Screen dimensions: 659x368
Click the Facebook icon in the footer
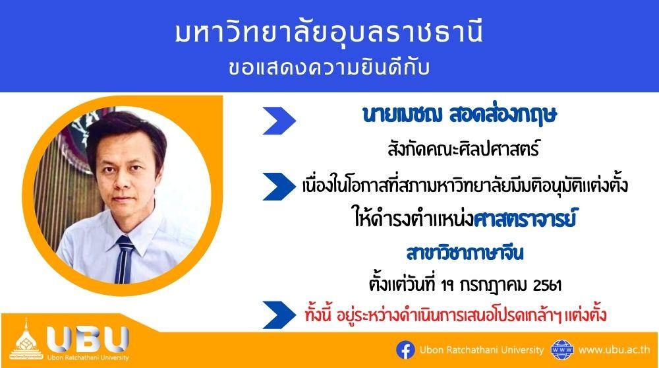pos(405,350)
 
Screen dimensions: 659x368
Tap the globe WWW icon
pos(562,350)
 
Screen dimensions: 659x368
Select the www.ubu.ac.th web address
pos(614,350)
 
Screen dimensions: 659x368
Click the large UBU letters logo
pos(88,339)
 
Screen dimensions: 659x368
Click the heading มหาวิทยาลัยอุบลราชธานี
pos(329,33)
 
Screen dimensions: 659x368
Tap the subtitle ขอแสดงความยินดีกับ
pos(329,68)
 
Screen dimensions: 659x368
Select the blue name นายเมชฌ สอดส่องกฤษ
pos(459,114)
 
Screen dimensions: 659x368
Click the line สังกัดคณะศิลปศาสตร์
pos(463,150)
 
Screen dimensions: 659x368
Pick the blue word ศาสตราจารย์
pos(524,219)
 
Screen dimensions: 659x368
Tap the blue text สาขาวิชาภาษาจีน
pos(465,253)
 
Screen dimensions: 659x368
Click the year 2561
pos(547,286)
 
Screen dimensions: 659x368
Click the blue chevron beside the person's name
pos(279,121)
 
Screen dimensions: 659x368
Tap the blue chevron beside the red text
pos(279,315)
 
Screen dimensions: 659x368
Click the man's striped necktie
pos(124,259)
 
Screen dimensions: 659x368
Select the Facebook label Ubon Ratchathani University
pos(481,350)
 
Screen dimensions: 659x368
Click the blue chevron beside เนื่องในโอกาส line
pos(279,187)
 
